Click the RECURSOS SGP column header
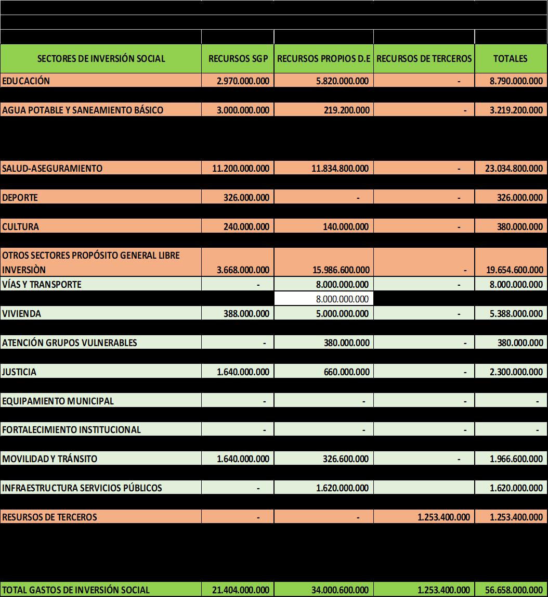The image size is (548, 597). coord(238,59)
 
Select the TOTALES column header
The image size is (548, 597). coord(510,59)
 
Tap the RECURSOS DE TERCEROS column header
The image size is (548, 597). coord(424,59)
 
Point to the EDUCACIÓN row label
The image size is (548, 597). coord(27,81)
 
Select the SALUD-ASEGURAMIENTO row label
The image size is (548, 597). coord(53,168)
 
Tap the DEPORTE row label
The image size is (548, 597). coord(20,197)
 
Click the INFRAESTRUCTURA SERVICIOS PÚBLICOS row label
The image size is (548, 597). coord(82,488)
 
